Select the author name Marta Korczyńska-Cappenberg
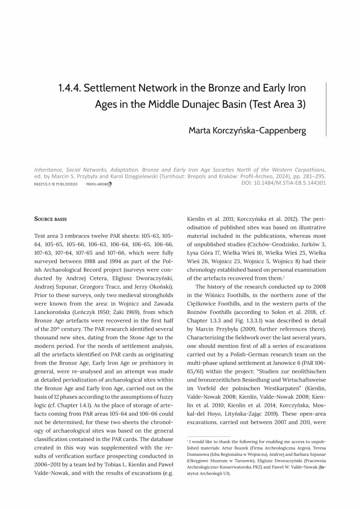click(x=247, y=131)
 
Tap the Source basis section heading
click(x=50, y=219)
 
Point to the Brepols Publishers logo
click(x=56, y=184)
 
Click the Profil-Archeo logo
click(x=99, y=184)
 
